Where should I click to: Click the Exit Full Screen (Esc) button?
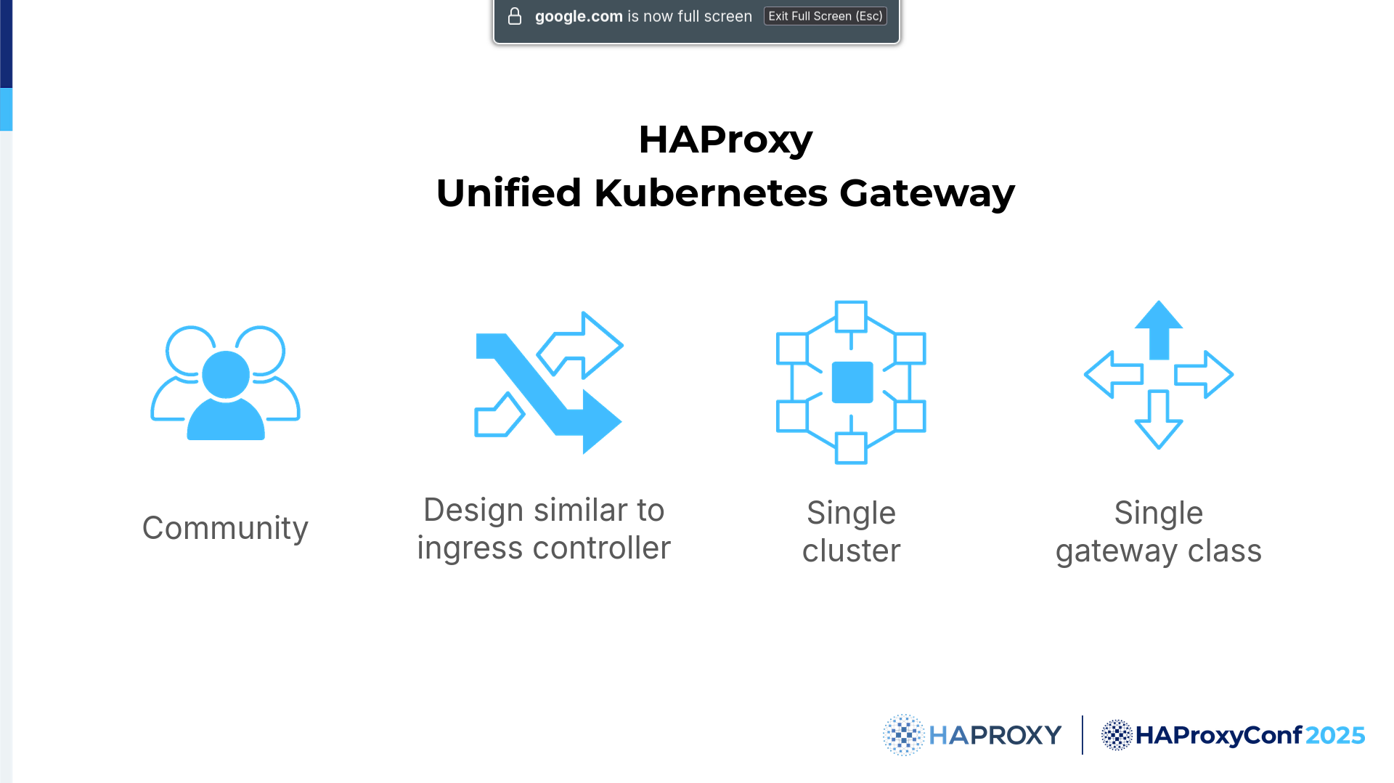click(825, 16)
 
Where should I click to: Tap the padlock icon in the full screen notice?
click(515, 16)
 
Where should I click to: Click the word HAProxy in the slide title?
click(725, 139)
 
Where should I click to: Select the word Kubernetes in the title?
click(711, 192)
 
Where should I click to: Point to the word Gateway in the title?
click(927, 194)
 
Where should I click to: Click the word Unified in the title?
click(509, 192)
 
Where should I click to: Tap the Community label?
click(225, 528)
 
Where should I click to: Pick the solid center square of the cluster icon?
click(852, 382)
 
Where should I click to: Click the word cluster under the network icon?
click(851, 551)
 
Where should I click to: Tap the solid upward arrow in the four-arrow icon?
click(1159, 330)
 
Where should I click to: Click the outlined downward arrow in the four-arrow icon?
click(1159, 420)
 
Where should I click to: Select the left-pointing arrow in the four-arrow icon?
click(1114, 375)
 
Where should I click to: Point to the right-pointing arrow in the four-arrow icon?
click(1204, 375)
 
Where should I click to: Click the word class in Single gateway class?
click(1225, 551)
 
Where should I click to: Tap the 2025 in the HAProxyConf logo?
click(1335, 735)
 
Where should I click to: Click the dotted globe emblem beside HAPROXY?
click(903, 735)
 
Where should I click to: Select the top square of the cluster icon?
click(851, 317)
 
